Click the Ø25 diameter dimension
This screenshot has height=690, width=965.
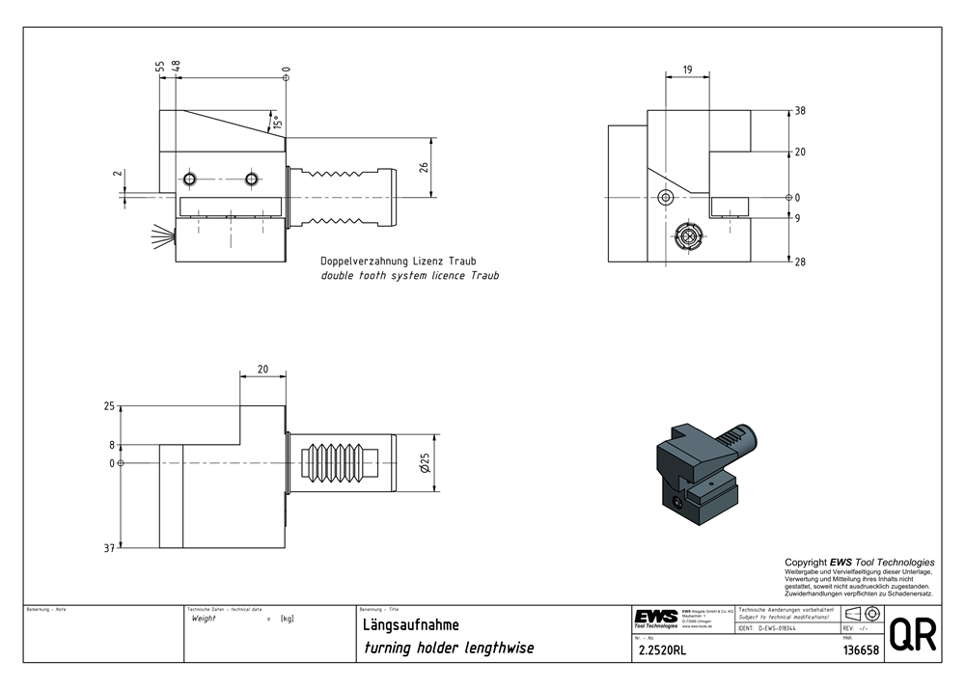[424, 464]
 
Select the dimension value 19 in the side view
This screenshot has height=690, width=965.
[686, 69]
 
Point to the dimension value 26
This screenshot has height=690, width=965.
[424, 167]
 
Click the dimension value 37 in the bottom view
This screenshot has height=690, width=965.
[109, 548]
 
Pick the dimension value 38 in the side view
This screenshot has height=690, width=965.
[800, 111]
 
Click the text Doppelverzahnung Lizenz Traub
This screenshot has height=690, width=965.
[399, 262]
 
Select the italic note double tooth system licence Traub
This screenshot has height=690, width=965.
[410, 276]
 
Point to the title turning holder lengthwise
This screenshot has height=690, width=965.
[448, 648]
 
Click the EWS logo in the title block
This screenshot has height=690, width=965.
[655, 617]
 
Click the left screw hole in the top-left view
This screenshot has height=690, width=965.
[191, 179]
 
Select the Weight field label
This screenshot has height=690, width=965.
[205, 619]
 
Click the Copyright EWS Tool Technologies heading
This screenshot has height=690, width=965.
[859, 562]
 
